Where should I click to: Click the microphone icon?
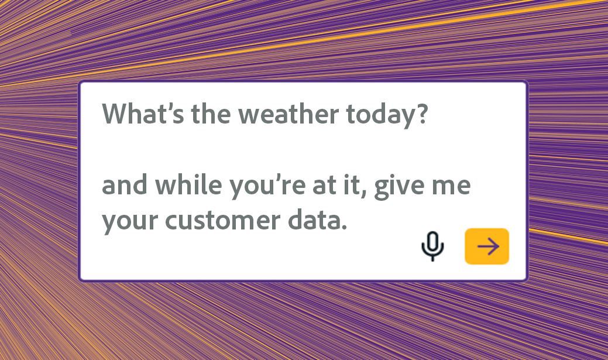click(432, 246)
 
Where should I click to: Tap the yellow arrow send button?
click(487, 246)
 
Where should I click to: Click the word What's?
click(143, 114)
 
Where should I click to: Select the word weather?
click(288, 114)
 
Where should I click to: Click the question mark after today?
click(422, 114)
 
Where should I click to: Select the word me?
click(451, 186)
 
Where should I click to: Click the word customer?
click(222, 220)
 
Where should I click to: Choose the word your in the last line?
click(130, 222)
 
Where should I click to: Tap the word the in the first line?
click(211, 114)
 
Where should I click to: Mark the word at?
click(323, 186)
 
